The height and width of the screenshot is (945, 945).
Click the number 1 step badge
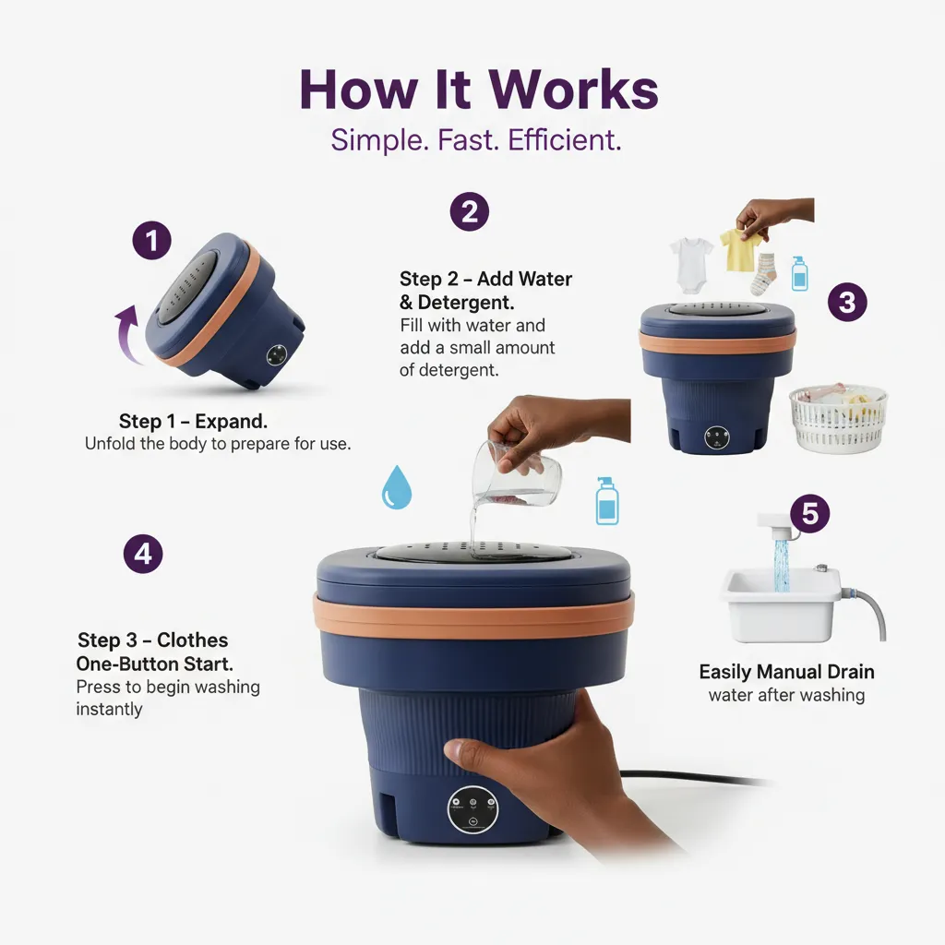pyautogui.click(x=152, y=241)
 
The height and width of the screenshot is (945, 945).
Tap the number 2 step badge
pyautogui.click(x=470, y=211)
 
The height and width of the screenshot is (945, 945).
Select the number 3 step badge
pyautogui.click(x=847, y=302)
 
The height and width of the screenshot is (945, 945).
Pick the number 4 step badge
pyautogui.click(x=143, y=554)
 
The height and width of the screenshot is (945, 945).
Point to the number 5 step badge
pyautogui.click(x=810, y=513)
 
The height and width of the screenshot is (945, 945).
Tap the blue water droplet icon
pyautogui.click(x=397, y=487)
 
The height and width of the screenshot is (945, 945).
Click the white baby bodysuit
pyautogui.click(x=691, y=264)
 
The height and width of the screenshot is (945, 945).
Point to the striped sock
pyautogui.click(x=763, y=274)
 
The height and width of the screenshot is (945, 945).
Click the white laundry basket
pyautogui.click(x=838, y=418)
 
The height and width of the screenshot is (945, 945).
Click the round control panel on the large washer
pyautogui.click(x=473, y=809)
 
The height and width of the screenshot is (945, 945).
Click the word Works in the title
pyautogui.click(x=573, y=90)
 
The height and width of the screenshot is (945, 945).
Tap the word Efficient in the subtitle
pyautogui.click(x=564, y=140)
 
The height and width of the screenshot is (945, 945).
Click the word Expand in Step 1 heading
pyautogui.click(x=231, y=421)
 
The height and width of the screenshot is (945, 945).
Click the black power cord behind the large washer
pyautogui.click(x=693, y=778)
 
